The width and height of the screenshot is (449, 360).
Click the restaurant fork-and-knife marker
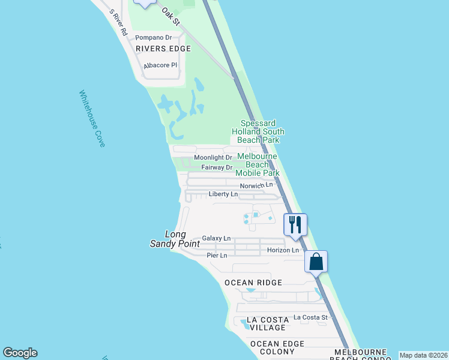click(295, 224)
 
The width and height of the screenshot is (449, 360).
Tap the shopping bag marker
click(316, 262)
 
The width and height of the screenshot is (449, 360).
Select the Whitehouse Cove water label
click(92, 119)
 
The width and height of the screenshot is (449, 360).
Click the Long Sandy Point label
click(168, 239)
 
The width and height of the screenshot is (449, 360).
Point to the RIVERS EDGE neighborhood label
click(163, 49)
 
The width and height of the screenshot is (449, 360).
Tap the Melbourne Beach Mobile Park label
click(258, 164)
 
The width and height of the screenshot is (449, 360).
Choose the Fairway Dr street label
click(217, 167)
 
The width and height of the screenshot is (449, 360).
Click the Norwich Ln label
click(256, 185)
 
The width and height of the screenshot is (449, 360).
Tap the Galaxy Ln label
click(216, 238)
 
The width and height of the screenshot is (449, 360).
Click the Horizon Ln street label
click(283, 250)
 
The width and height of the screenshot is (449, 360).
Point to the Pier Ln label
click(217, 256)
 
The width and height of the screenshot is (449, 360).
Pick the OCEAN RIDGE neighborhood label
click(253, 283)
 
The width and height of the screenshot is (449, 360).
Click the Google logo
click(20, 353)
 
